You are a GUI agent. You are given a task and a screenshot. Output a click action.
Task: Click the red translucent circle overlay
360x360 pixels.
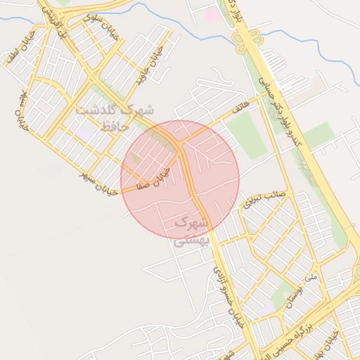(x=180, y=179)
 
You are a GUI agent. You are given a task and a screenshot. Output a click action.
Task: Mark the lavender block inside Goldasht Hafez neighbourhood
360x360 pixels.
(x=85, y=131)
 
